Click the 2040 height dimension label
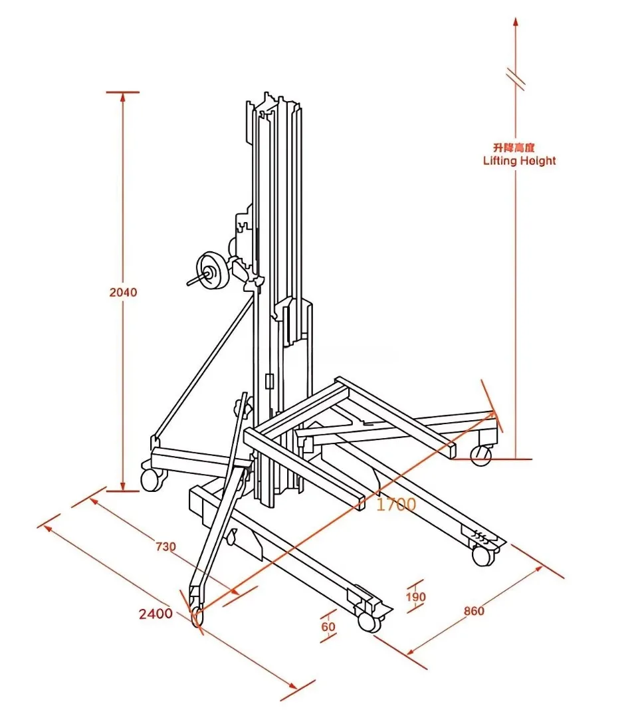pyautogui.click(x=122, y=292)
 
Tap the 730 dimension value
pyautogui.click(x=165, y=546)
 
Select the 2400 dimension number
pyautogui.click(x=156, y=614)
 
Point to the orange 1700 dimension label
pyautogui.click(x=396, y=504)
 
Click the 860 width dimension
pyautogui.click(x=474, y=611)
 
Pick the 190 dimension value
pyautogui.click(x=415, y=597)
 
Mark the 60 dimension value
pyautogui.click(x=328, y=627)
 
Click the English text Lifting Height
pyautogui.click(x=519, y=161)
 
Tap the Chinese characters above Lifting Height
pyautogui.click(x=514, y=147)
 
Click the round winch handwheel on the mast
pyautogui.click(x=211, y=271)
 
